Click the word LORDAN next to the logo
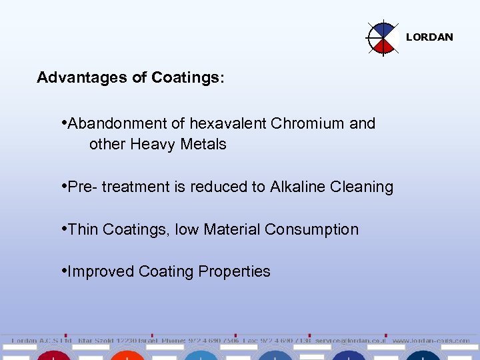[429, 37]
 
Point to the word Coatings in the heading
[187, 78]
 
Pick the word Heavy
[154, 144]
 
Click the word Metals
[204, 144]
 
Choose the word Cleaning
[364, 187]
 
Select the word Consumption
[311, 229]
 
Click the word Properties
[239, 272]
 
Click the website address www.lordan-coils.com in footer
[431, 340]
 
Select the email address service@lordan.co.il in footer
[351, 340]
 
